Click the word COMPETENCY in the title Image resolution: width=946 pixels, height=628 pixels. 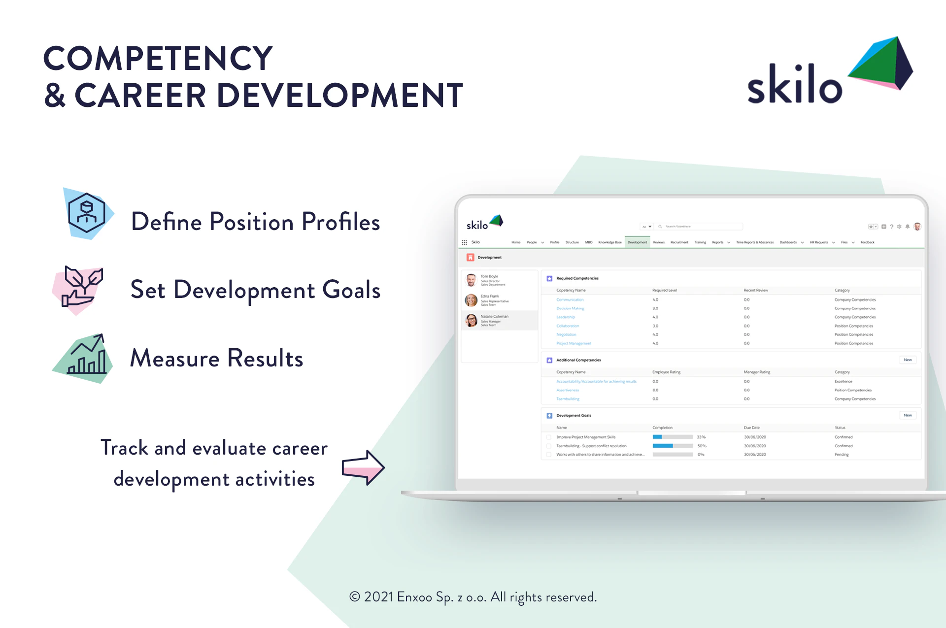click(158, 58)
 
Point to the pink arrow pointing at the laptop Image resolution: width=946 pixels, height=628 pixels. click(363, 467)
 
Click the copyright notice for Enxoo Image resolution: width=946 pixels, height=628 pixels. click(473, 597)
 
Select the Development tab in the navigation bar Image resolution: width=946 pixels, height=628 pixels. click(637, 242)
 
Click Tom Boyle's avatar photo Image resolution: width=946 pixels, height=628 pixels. click(471, 280)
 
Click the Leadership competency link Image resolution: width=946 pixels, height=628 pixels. click(566, 317)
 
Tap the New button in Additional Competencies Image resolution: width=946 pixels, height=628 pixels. click(908, 360)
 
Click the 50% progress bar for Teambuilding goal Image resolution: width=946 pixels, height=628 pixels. click(672, 446)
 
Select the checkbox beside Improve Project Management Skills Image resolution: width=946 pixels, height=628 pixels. click(549, 437)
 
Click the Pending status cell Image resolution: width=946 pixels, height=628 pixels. click(842, 455)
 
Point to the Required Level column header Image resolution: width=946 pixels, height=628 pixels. click(664, 290)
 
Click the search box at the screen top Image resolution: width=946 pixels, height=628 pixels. click(700, 227)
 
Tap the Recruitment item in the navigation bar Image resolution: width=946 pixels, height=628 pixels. click(679, 242)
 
